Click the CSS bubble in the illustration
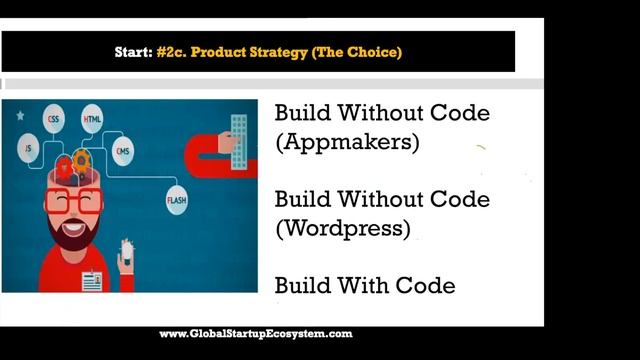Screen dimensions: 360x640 53,120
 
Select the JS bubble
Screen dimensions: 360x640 28,148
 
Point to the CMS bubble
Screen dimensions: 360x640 122,152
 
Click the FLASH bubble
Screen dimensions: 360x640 178,201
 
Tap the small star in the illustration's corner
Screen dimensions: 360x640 19,115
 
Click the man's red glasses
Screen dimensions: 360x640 73,201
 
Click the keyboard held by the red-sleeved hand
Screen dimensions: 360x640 238,134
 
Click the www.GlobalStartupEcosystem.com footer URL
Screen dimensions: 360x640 256,334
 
